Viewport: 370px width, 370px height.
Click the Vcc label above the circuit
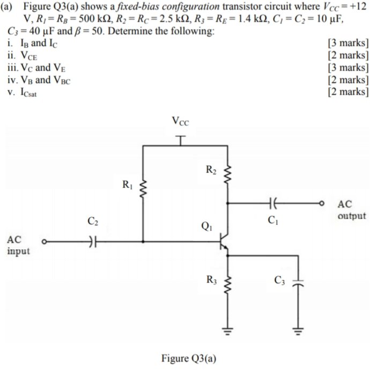tap(181, 121)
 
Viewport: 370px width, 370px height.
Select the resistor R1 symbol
tap(143, 188)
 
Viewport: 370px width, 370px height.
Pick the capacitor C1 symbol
tap(275, 204)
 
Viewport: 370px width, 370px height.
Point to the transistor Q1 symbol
tap(224, 242)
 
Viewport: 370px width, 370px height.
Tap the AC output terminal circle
tap(322, 204)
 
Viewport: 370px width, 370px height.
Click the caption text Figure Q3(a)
tap(187, 358)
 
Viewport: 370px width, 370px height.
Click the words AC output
tap(351, 210)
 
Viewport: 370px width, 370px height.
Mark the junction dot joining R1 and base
tap(143, 242)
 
